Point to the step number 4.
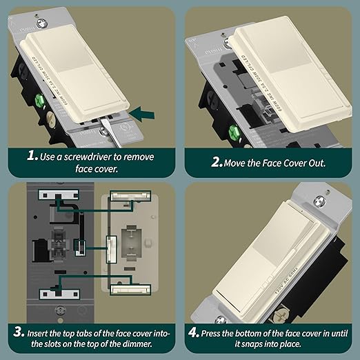(x=194, y=333)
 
